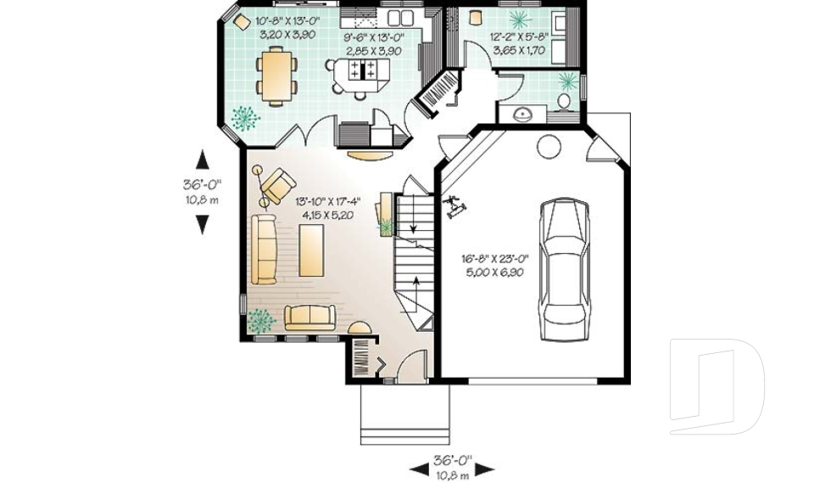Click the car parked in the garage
565,269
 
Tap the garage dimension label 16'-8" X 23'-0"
494,258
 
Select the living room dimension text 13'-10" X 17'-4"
327,201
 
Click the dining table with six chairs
276,76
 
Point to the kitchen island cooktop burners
362,70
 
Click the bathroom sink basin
521,115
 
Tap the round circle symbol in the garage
549,147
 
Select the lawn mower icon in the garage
454,205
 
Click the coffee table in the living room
311,250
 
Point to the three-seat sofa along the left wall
265,249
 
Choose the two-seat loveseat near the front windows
310,317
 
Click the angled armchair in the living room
278,185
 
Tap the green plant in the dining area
245,119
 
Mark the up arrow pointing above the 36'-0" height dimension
203,160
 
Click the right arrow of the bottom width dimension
485,469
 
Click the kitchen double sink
401,17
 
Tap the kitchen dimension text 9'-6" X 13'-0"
374,37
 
